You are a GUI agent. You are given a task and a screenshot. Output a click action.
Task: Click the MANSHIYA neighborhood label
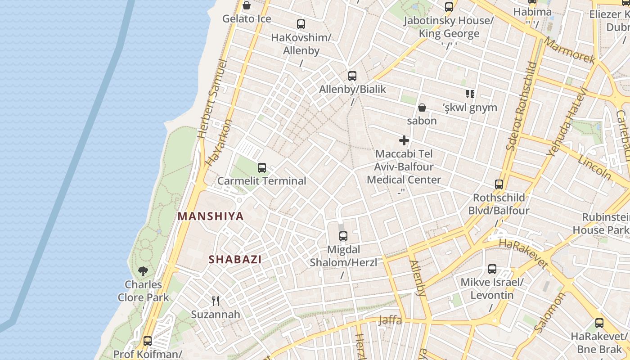[x=211, y=216]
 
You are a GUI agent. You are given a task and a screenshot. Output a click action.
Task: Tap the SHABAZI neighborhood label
[x=235, y=260]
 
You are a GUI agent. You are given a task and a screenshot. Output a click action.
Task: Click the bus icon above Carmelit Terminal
[x=262, y=168]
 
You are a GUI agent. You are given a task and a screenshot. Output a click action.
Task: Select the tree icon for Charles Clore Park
[x=143, y=271]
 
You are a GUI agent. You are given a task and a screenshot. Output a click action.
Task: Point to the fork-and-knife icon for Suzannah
[x=216, y=301]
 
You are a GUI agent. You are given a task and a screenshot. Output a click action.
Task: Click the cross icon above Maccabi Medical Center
[x=404, y=140]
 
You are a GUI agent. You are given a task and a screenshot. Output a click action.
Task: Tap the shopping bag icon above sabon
[x=422, y=108]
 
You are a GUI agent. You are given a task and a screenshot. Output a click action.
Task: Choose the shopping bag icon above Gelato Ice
[x=247, y=6]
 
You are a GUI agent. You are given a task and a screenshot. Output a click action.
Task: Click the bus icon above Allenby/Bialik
[x=352, y=76]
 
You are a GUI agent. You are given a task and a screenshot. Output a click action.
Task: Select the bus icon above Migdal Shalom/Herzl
[x=343, y=236]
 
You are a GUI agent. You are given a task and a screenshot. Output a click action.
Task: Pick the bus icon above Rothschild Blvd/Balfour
[x=499, y=184]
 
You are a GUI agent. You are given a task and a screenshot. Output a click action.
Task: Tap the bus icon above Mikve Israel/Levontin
[x=492, y=269]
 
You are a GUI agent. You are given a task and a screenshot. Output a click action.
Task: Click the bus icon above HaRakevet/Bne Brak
[x=599, y=323]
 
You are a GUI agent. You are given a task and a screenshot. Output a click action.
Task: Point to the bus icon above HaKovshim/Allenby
[x=301, y=24]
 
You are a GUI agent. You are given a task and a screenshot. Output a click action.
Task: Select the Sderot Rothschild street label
[x=522, y=105]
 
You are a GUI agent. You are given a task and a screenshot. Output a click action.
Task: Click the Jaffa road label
[x=390, y=320]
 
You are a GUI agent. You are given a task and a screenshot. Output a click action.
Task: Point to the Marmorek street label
[x=570, y=50]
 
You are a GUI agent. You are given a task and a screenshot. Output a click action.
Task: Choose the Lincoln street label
[x=594, y=167]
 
